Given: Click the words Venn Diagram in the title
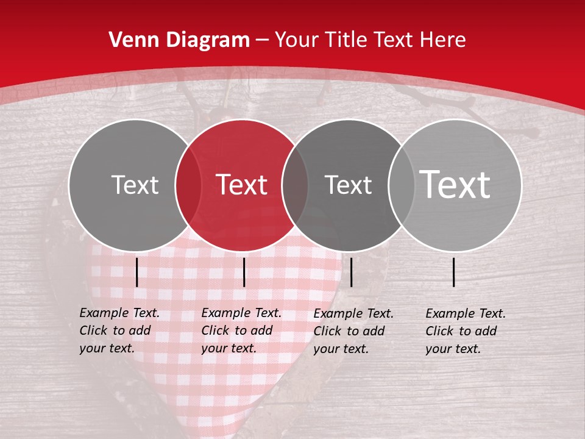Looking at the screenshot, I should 179,40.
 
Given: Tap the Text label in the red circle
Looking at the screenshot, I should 242,185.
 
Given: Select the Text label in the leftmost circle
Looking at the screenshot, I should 135,185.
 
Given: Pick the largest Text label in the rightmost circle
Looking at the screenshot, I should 455,185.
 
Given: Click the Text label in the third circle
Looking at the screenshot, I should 349,185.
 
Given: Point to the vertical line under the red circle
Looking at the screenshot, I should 244,272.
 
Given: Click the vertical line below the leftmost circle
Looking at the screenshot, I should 136,272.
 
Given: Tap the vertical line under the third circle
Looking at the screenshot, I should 352,272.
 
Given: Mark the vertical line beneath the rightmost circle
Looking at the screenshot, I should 454,272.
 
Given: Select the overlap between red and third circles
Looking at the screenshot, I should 295,185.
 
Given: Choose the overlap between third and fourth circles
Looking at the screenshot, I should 400,185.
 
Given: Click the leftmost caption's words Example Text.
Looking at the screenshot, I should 119,313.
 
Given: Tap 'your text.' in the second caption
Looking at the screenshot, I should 229,348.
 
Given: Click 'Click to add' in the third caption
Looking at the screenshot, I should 349,331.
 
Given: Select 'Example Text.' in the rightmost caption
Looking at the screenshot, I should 466,314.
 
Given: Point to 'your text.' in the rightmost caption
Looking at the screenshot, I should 453,349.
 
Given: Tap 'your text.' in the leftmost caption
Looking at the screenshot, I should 107,348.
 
